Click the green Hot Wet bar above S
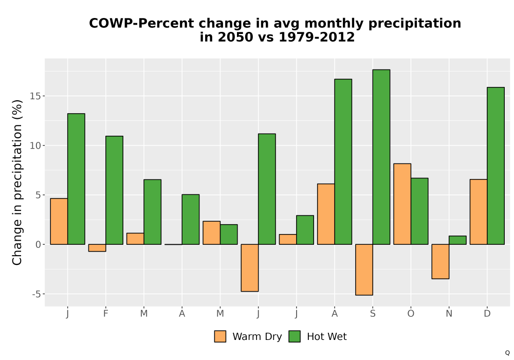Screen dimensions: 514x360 pyautogui.click(x=381, y=157)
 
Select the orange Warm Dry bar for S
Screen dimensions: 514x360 pyautogui.click(x=364, y=270)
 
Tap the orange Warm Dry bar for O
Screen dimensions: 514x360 pyautogui.click(x=402, y=204)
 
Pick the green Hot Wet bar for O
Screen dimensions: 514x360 pyautogui.click(x=419, y=211)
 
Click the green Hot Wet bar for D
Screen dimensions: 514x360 pyautogui.click(x=495, y=166)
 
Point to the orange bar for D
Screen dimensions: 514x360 pyautogui.click(x=479, y=212)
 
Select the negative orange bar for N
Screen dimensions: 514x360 pyautogui.click(x=440, y=262)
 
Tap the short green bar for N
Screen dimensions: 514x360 pyautogui.click(x=457, y=240)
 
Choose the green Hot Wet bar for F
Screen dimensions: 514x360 pyautogui.click(x=115, y=190)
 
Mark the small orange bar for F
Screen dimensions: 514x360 pyautogui.click(x=97, y=248)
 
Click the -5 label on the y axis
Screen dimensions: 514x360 pyautogui.click(x=36, y=294)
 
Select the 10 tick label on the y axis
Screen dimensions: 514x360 pyautogui.click(x=35, y=146)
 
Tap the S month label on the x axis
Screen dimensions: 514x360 pyautogui.click(x=373, y=314)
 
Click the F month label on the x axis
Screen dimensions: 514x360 pyautogui.click(x=105, y=314)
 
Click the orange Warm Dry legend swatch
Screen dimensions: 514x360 pyautogui.click(x=221, y=336)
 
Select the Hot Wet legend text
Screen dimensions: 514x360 pyautogui.click(x=327, y=336)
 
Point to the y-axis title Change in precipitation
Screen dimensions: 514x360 pyautogui.click(x=17, y=182)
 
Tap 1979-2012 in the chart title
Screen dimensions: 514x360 pyautogui.click(x=317, y=37)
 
